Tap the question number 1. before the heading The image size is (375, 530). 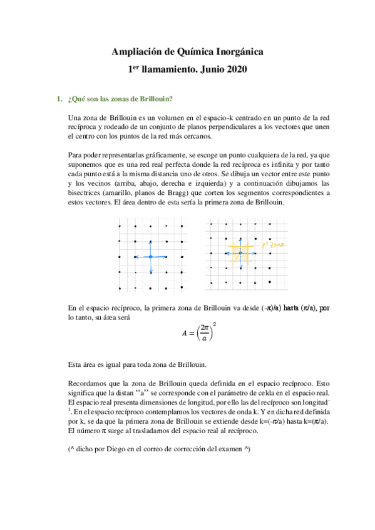click(59, 99)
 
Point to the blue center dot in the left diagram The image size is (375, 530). click(150, 257)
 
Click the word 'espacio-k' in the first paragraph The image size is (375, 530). click(221, 117)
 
